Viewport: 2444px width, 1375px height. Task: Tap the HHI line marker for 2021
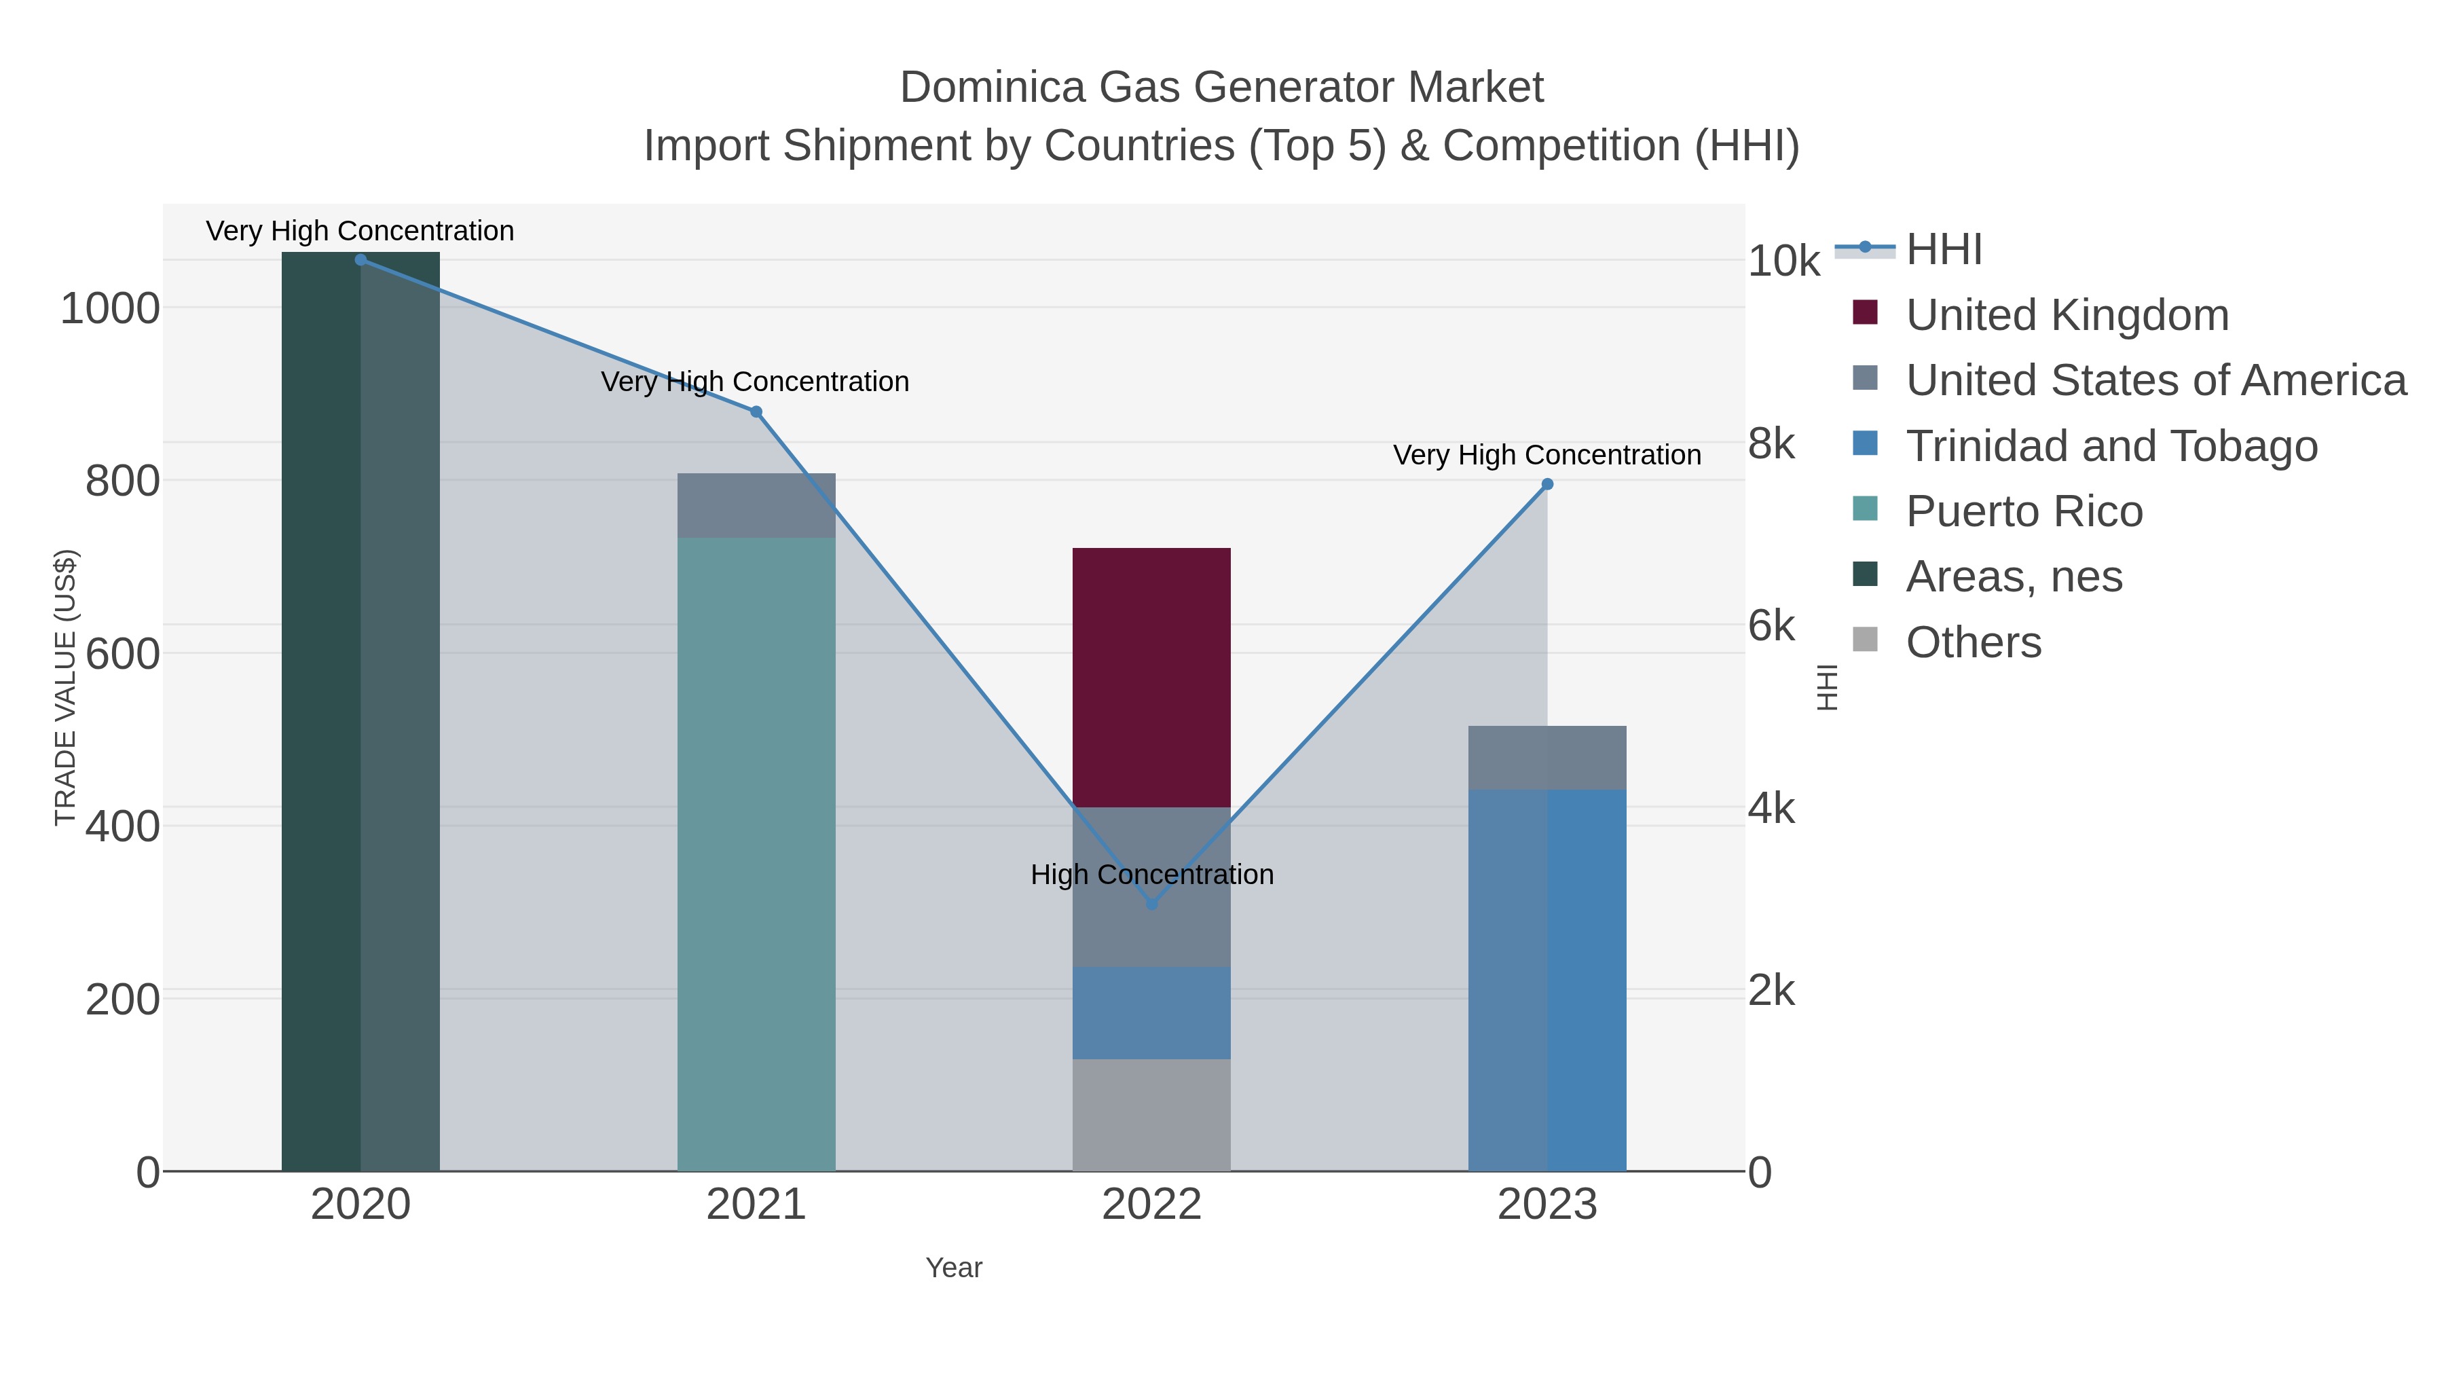(756, 412)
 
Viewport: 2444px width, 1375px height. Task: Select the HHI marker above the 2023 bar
(1547, 484)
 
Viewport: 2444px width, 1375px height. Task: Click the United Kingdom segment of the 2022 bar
(1152, 678)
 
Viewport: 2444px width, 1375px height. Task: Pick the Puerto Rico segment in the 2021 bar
(756, 854)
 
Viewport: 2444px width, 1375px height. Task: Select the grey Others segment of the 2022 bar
(1152, 1115)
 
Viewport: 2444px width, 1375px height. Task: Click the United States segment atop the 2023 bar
(1547, 757)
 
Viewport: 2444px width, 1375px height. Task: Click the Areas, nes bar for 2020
(360, 712)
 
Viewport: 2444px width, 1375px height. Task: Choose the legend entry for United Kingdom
(2067, 315)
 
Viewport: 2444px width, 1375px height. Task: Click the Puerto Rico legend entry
(2024, 511)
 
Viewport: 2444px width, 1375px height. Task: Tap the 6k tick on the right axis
(1771, 626)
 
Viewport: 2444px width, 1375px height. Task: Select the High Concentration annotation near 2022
(1152, 874)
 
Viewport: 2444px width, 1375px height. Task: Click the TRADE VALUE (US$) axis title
(64, 687)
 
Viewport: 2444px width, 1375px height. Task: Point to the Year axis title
(954, 1268)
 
